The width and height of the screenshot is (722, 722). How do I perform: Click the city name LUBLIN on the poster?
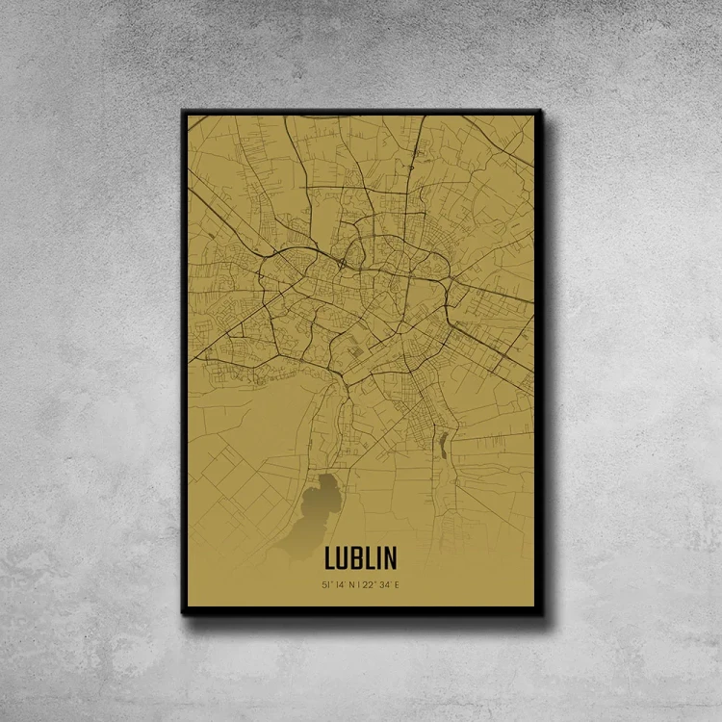(360, 558)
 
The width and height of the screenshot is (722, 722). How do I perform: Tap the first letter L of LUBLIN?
(330, 558)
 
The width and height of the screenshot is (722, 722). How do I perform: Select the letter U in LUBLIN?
(343, 558)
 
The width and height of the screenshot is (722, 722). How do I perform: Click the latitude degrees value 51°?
(328, 584)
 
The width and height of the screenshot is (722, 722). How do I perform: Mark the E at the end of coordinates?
(393, 584)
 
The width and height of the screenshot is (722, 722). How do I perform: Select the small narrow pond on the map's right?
(443, 445)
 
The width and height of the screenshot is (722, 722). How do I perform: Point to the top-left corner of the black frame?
(183, 111)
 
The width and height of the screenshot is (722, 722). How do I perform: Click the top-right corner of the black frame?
(542, 111)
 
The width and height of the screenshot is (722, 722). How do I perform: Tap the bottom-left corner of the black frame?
(183, 613)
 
